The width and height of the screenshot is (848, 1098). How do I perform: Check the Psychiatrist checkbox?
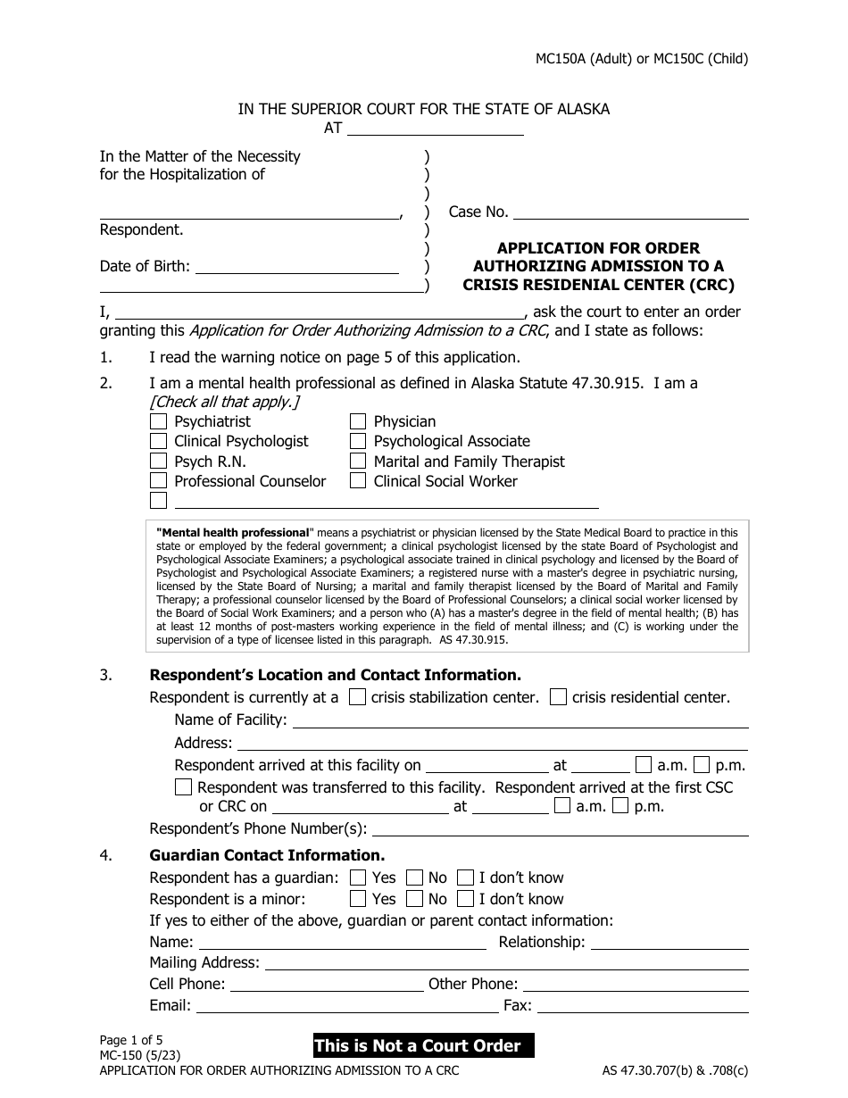tap(158, 421)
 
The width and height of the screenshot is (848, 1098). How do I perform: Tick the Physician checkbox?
tap(358, 421)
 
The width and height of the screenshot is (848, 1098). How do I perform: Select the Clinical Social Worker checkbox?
tap(358, 481)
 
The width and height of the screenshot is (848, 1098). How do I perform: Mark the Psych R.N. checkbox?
tap(158, 462)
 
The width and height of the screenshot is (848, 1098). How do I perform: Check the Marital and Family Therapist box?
tap(358, 462)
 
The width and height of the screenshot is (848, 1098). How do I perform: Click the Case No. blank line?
tap(631, 212)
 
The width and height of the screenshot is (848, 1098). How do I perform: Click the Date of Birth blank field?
tap(296, 266)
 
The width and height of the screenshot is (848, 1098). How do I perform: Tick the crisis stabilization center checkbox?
tap(357, 698)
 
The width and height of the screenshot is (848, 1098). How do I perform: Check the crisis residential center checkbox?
tap(558, 698)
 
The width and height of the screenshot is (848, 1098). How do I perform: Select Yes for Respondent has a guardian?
tap(358, 878)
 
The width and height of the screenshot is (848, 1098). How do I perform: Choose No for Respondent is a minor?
tap(415, 899)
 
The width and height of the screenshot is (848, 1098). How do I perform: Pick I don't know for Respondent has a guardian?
tap(465, 878)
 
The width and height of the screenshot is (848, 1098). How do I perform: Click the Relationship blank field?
tap(669, 942)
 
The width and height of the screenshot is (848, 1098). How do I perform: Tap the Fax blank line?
tap(642, 1006)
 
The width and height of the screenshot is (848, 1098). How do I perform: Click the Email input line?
tap(346, 1006)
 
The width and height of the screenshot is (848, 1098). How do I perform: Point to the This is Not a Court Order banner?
tap(422, 1045)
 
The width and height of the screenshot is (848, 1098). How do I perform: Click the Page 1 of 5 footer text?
tap(131, 1039)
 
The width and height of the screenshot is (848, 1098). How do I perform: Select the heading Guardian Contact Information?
tap(267, 855)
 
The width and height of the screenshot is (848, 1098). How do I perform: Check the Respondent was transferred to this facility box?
tap(183, 787)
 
